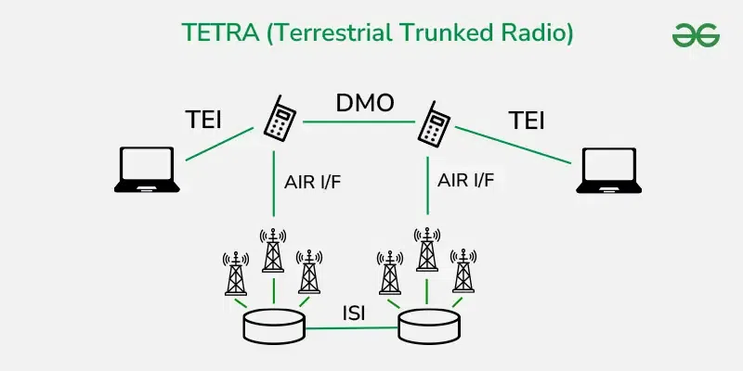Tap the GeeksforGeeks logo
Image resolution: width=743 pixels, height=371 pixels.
[696, 34]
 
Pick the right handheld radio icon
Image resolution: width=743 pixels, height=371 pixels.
[434, 122]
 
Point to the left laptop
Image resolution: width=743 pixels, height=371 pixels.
[146, 169]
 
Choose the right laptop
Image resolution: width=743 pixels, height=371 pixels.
[607, 170]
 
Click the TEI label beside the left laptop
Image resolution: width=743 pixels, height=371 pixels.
[204, 120]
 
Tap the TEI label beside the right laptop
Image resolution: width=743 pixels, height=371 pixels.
[526, 121]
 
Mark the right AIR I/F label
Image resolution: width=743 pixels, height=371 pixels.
[466, 181]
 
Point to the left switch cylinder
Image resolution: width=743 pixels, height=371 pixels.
[274, 325]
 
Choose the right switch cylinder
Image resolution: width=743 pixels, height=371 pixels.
[430, 325]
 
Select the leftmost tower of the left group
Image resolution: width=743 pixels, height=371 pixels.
[236, 273]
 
